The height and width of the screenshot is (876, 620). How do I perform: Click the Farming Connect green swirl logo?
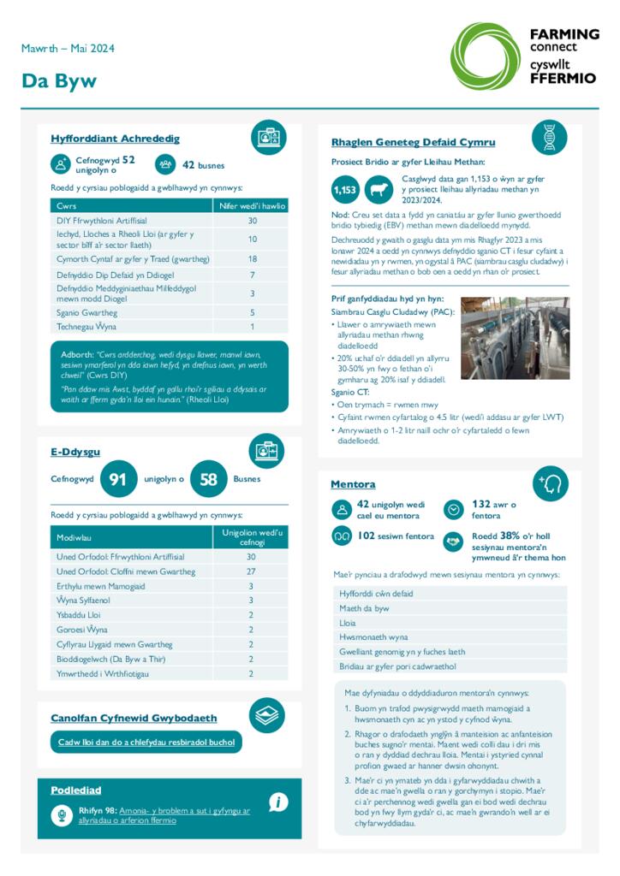pos(485,56)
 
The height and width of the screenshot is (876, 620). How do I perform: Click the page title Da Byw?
pos(59,81)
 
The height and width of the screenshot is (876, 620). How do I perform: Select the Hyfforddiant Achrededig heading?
pos(115,139)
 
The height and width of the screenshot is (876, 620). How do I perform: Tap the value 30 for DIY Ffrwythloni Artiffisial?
pos(253,221)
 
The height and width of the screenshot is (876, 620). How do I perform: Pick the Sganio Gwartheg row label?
pos(87,313)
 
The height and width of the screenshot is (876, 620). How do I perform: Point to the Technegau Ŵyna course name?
pos(86,327)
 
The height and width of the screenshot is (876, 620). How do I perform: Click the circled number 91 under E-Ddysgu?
pos(118,479)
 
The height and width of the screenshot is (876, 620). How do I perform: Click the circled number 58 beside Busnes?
pos(208,479)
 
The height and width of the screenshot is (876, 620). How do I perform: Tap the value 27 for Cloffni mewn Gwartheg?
pos(251,571)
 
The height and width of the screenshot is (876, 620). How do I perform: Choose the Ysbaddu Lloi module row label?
pos(79,615)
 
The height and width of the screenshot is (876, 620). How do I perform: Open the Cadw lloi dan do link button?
pos(146,743)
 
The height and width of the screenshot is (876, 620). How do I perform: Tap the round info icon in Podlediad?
pos(277,802)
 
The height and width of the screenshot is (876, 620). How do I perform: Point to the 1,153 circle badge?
pos(345,189)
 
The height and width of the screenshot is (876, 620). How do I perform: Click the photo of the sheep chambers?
pos(515,337)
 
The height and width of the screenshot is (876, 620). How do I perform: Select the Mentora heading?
pos(353,484)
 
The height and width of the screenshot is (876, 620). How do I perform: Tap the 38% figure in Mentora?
pos(510,536)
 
